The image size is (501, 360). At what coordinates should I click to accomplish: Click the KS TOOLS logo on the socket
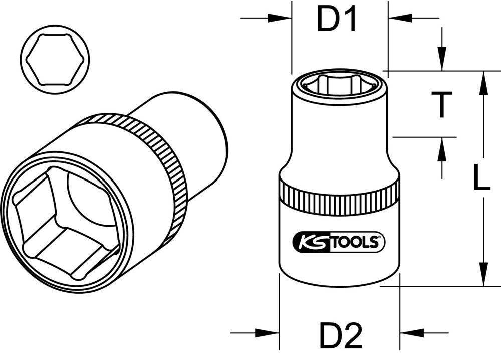pos(339,243)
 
